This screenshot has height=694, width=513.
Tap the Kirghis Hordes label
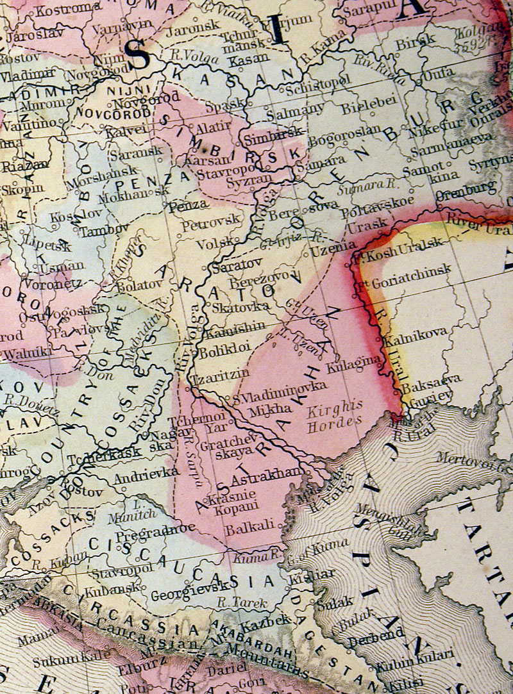coord(334,417)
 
